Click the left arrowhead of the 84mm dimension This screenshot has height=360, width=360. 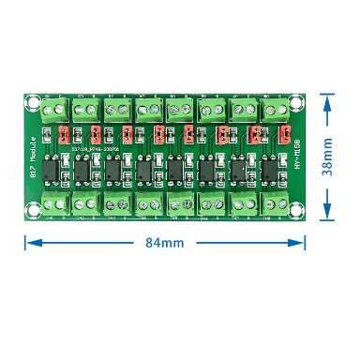(x=29, y=242)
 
